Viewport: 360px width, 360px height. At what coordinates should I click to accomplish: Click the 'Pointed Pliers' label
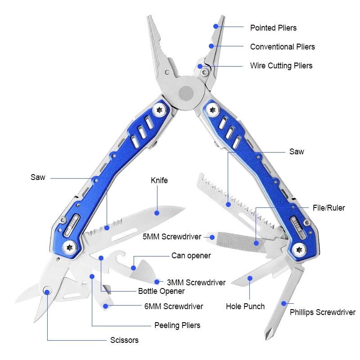[x=273, y=28]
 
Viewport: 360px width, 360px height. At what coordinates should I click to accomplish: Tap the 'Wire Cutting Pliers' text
[x=281, y=66]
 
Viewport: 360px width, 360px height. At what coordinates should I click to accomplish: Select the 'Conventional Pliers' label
[x=283, y=47]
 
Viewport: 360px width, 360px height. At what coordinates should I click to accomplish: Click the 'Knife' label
[x=159, y=180]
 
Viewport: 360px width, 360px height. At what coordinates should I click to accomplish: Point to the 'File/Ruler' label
[x=329, y=208]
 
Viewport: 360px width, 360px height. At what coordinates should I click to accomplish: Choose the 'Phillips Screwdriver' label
[x=323, y=312]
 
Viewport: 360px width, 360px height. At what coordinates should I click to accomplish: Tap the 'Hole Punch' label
[x=245, y=306]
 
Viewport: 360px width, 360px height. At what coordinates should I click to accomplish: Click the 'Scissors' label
[x=124, y=340]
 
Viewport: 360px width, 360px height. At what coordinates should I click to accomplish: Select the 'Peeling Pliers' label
[x=177, y=325]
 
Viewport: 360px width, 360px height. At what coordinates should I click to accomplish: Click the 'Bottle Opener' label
[x=161, y=291]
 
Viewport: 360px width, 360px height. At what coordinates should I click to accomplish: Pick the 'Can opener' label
[x=191, y=256]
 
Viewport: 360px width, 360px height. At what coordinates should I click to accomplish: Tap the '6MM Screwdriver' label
[x=174, y=306]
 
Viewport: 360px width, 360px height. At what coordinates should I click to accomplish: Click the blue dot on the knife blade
[x=157, y=213]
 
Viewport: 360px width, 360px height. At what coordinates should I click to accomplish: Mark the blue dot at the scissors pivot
[x=47, y=292]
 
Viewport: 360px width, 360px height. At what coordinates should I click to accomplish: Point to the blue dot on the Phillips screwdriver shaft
[x=284, y=303]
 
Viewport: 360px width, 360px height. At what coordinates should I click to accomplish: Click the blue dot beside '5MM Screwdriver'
[x=212, y=237]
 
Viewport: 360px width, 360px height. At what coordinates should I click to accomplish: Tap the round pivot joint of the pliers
[x=186, y=94]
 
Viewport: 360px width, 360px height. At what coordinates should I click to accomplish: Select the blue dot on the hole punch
[x=250, y=278]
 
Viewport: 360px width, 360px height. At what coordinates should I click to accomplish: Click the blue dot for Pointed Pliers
[x=216, y=27]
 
